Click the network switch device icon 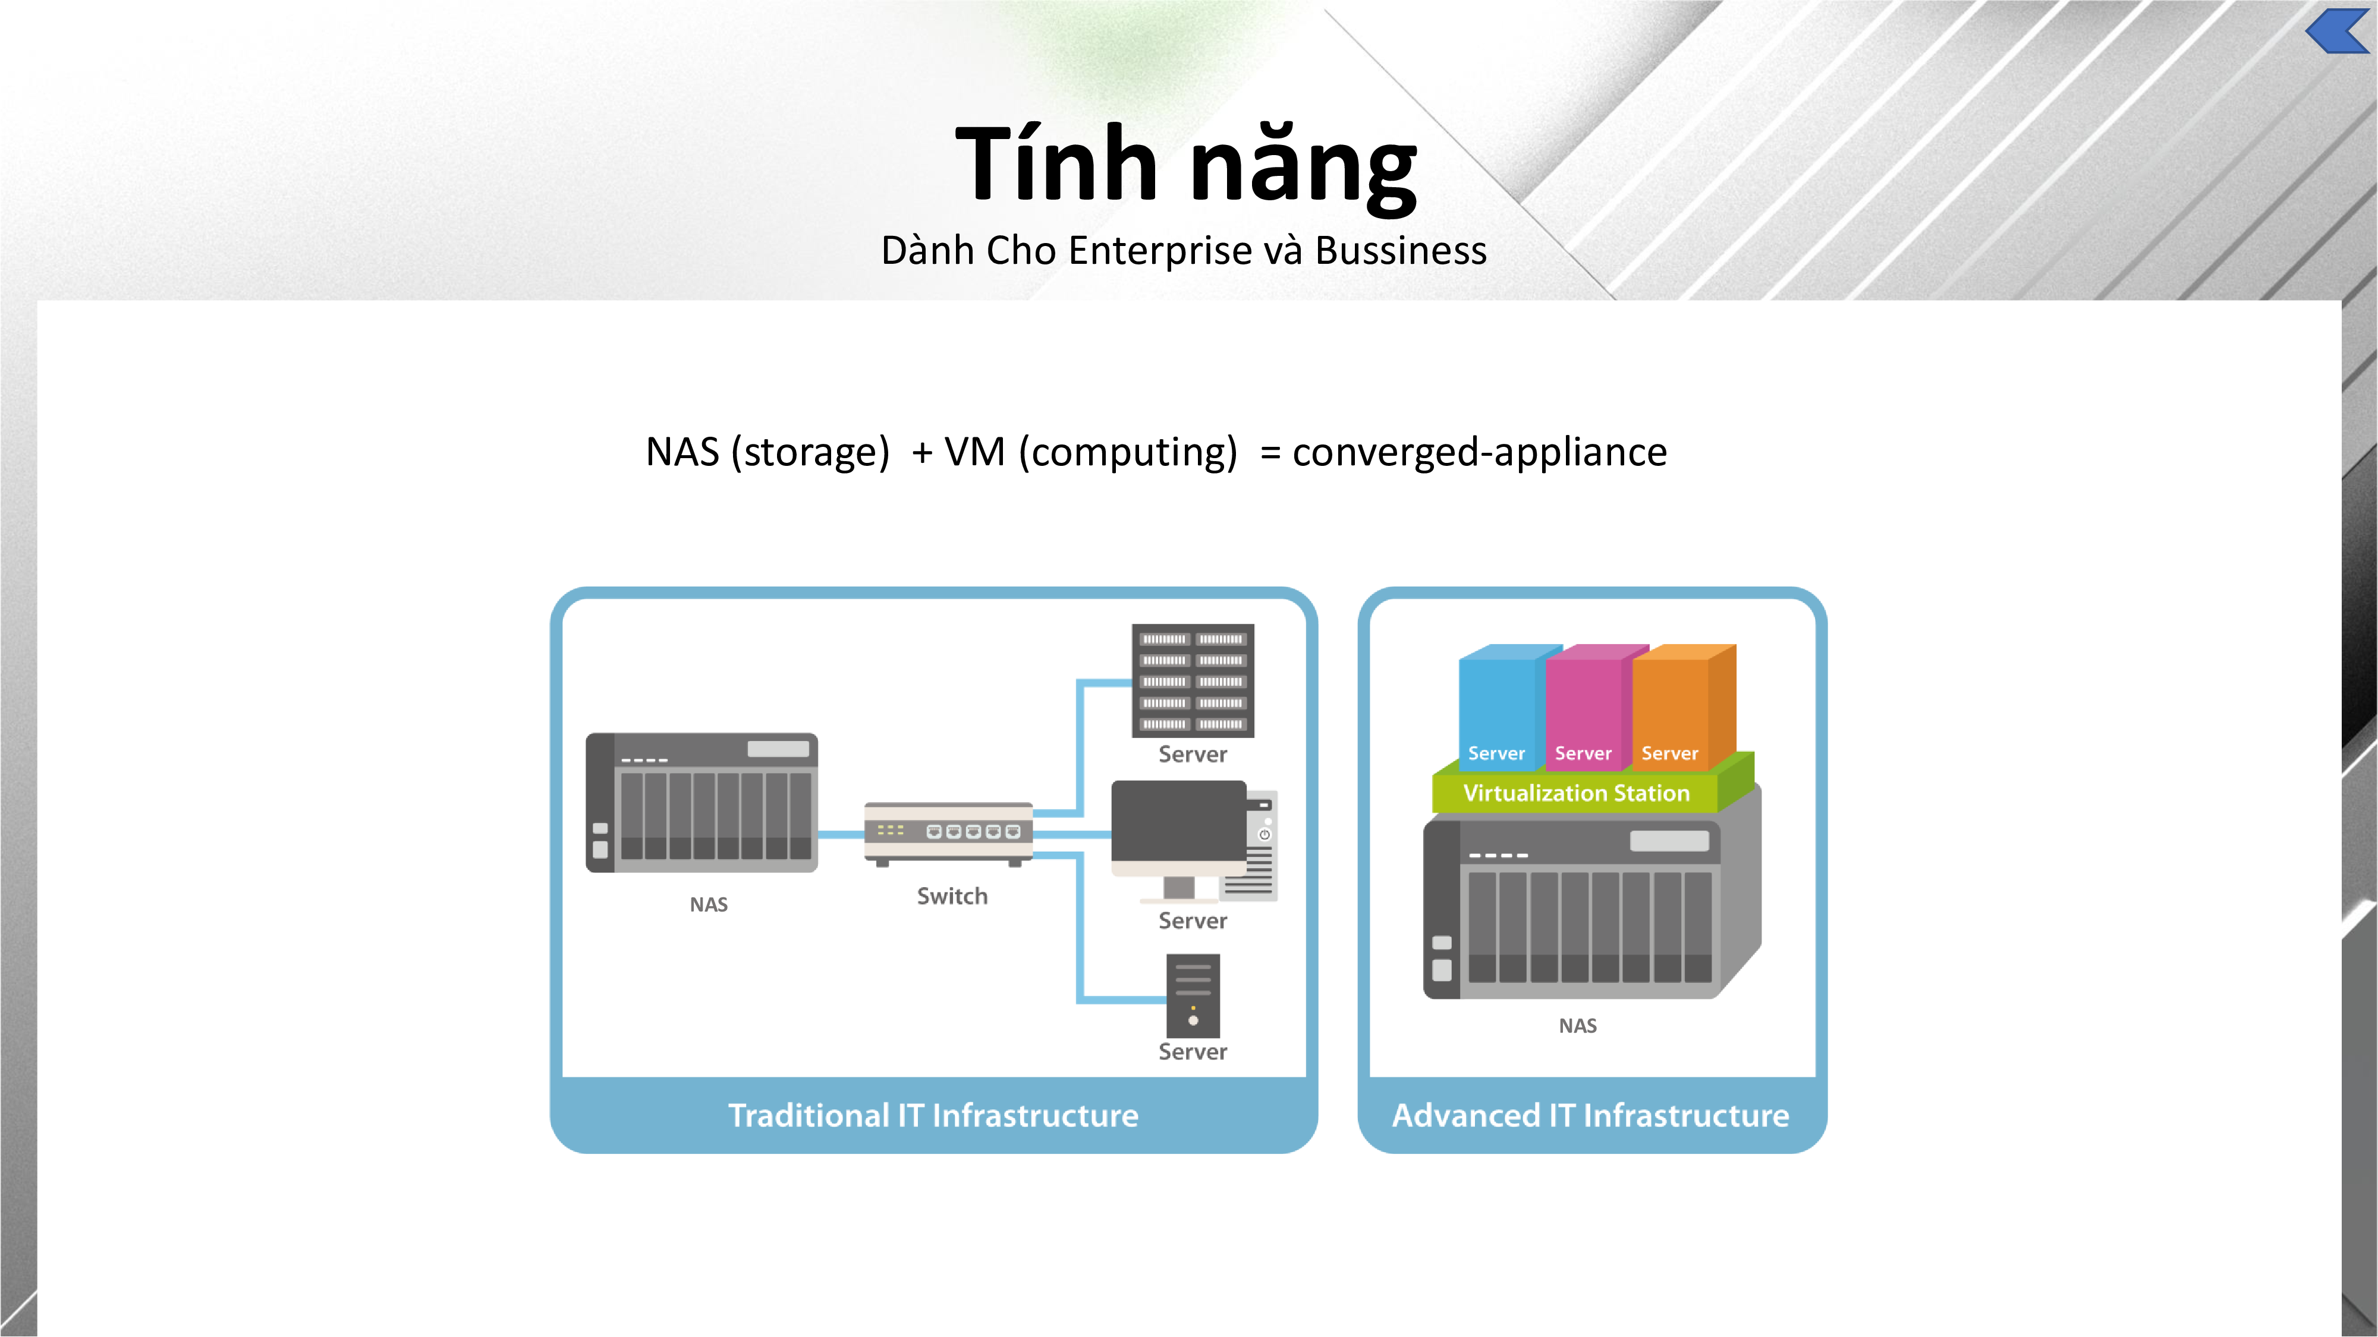pyautogui.click(x=948, y=833)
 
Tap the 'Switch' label pyautogui.click(x=952, y=896)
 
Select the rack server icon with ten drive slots pyautogui.click(x=1193, y=680)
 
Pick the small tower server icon pyautogui.click(x=1193, y=995)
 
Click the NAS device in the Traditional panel pyautogui.click(x=702, y=803)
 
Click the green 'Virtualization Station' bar pyautogui.click(x=1576, y=793)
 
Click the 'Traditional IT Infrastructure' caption pyautogui.click(x=933, y=1115)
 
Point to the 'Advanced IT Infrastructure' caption pyautogui.click(x=1590, y=1115)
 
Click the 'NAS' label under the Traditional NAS pyautogui.click(x=708, y=905)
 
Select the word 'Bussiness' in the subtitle pyautogui.click(x=1401, y=251)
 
